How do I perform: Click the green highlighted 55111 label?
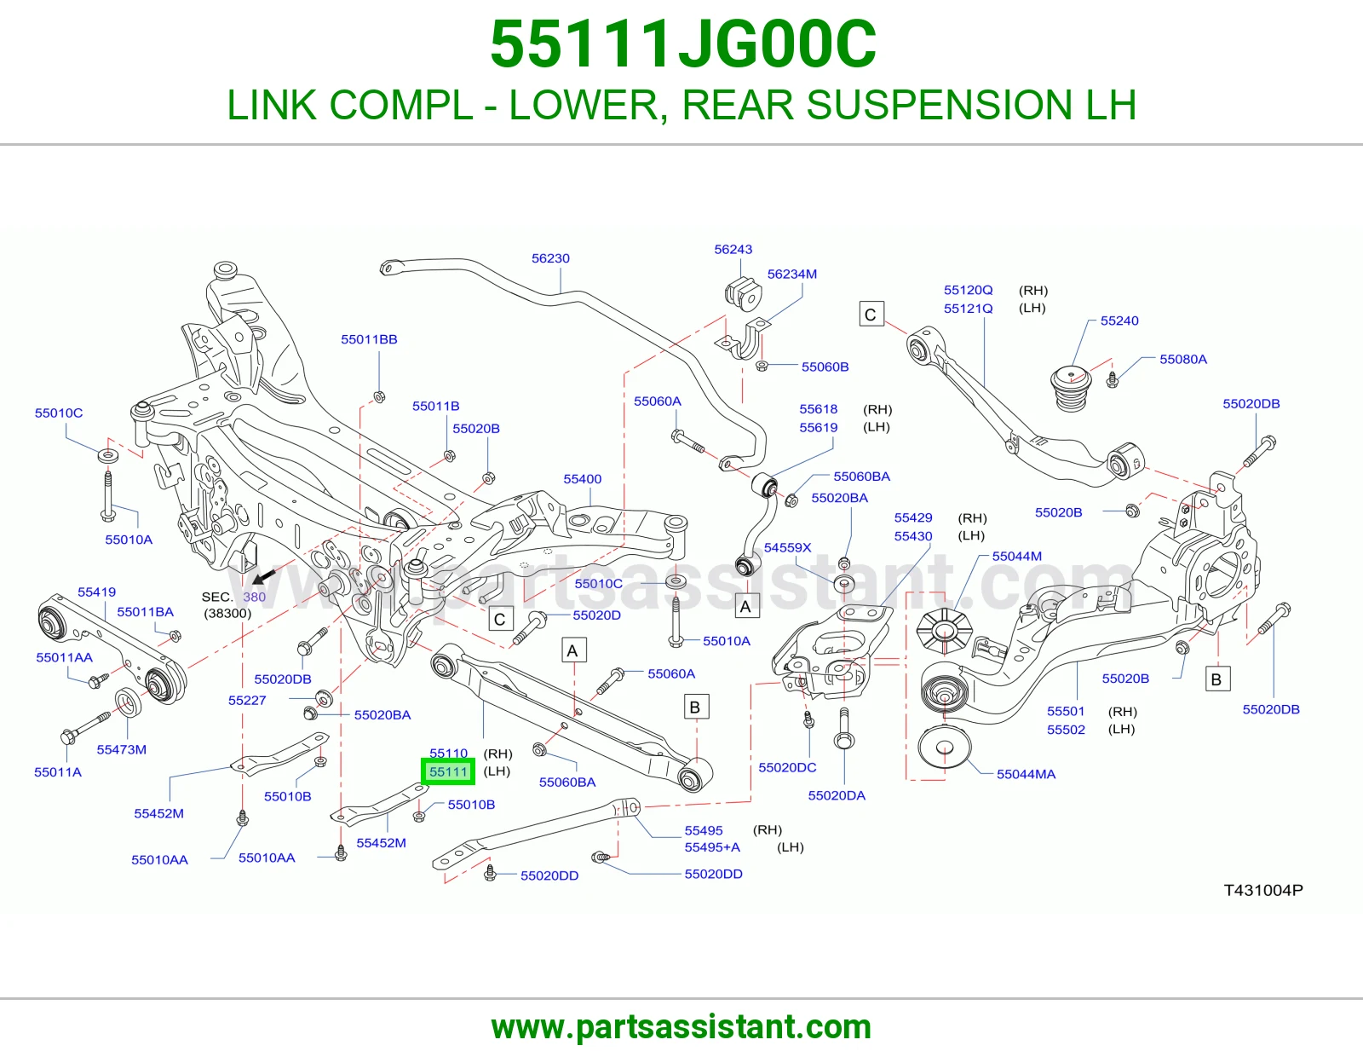(448, 771)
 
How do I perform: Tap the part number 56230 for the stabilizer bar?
(550, 258)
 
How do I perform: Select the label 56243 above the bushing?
(733, 249)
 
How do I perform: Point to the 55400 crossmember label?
(582, 479)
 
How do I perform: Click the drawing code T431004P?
(1263, 890)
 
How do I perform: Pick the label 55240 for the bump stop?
(1119, 321)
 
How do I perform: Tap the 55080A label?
(1183, 359)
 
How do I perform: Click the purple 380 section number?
(254, 597)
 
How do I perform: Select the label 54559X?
(787, 547)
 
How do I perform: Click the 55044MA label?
(1027, 774)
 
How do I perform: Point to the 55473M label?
(122, 749)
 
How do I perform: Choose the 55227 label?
(247, 701)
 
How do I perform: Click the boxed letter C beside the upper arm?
(871, 314)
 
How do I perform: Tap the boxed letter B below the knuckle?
(1216, 679)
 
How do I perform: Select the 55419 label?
(96, 592)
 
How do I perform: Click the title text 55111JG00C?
(683, 44)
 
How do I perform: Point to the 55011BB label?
(369, 339)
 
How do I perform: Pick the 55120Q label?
(969, 290)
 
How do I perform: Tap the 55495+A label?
(712, 847)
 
